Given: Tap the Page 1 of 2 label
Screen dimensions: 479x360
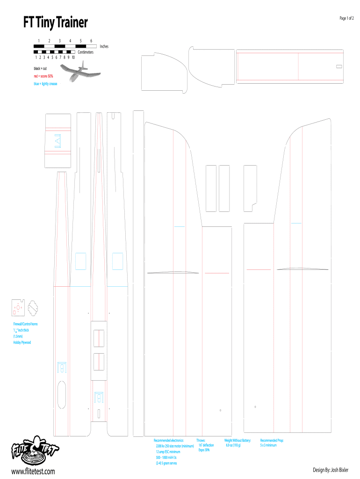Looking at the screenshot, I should (346, 18).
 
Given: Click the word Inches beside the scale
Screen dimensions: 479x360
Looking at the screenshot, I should (104, 46).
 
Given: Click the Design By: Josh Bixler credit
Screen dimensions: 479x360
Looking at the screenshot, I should (331, 469).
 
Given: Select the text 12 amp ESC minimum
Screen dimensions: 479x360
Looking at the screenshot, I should (168, 452).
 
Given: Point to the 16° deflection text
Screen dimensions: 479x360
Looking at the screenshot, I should (206, 445).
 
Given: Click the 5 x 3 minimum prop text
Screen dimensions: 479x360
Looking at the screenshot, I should (268, 445).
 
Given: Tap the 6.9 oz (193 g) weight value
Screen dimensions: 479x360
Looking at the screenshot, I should (233, 445).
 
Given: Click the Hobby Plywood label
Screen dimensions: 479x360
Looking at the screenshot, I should (22, 342).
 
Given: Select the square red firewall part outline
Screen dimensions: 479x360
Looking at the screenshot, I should (18, 307).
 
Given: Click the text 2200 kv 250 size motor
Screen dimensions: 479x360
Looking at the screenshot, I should (174, 446).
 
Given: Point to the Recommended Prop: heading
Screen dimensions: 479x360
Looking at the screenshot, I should (272, 440).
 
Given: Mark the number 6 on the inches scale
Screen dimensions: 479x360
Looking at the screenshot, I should (91, 41).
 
